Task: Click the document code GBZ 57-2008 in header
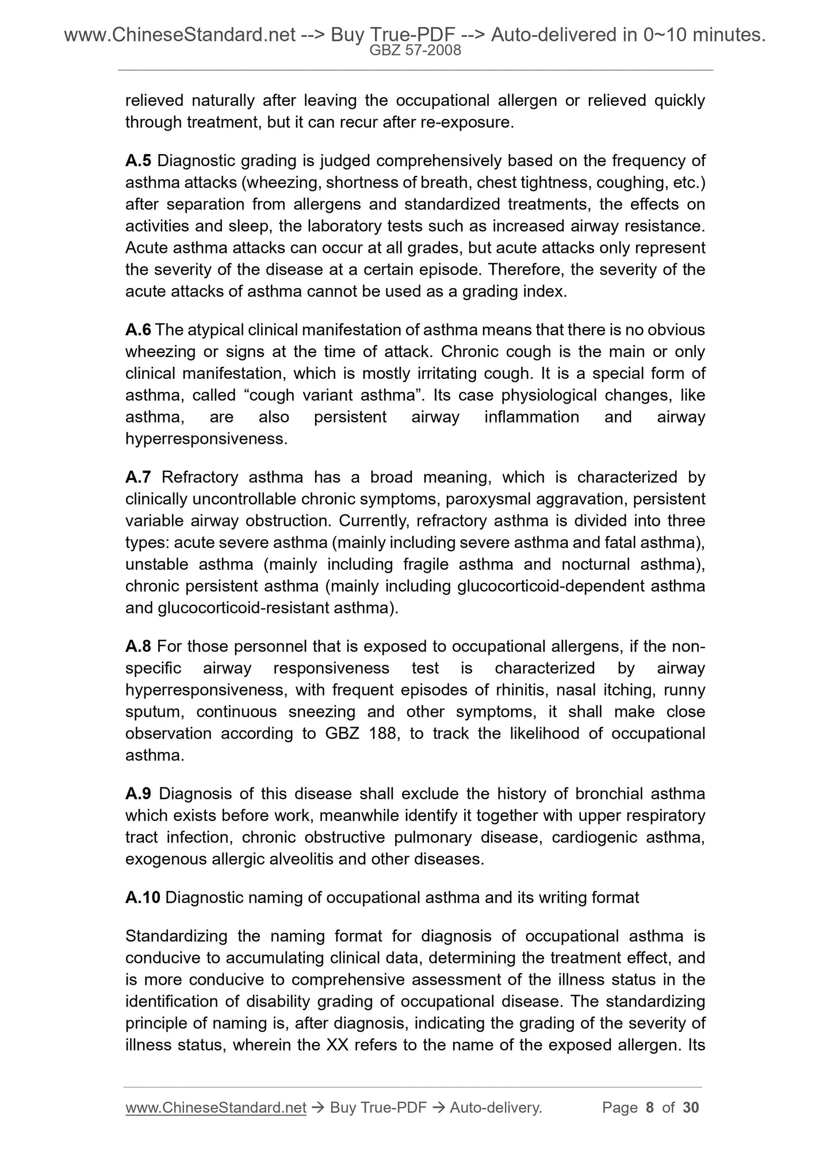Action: pyautogui.click(x=415, y=51)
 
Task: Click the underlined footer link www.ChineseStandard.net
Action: pyautogui.click(x=216, y=1108)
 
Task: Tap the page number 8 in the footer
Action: pyautogui.click(x=650, y=1108)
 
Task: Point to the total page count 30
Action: pyautogui.click(x=690, y=1108)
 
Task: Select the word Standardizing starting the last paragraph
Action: pyautogui.click(x=177, y=936)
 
